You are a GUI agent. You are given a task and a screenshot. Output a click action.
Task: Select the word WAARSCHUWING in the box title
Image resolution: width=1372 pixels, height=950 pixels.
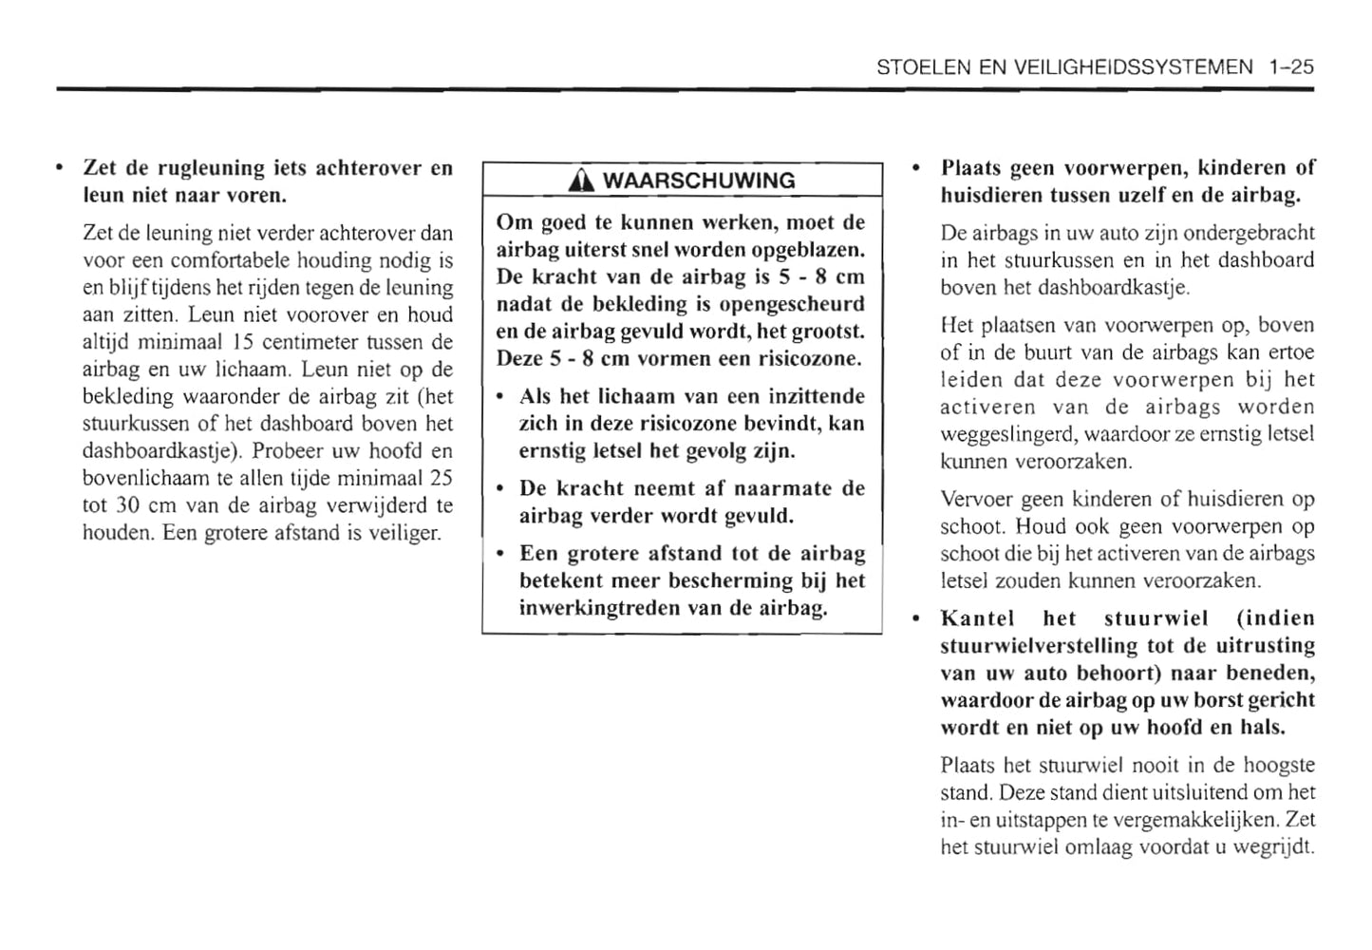point(699,180)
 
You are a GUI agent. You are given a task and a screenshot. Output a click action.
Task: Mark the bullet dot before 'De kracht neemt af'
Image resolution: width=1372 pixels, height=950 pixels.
point(500,489)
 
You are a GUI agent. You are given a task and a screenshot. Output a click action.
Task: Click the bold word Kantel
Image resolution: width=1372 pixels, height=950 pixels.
point(977,619)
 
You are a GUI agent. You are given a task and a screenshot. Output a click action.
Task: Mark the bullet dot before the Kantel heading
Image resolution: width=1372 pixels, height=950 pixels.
point(915,619)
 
